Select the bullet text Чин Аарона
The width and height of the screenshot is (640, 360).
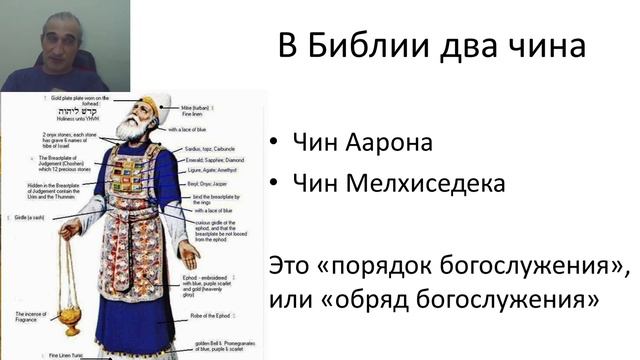click(361, 142)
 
